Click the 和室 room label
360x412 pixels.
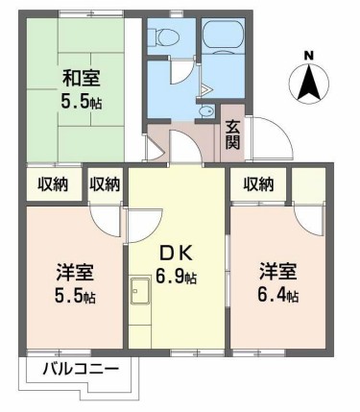82,78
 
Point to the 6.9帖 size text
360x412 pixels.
178,279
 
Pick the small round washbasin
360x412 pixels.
204,112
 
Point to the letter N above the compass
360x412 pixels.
307,55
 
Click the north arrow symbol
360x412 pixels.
308,85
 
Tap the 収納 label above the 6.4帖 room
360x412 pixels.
259,183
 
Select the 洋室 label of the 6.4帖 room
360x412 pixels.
276,272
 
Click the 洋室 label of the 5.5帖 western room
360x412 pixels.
74,272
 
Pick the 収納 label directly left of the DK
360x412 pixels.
106,183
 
